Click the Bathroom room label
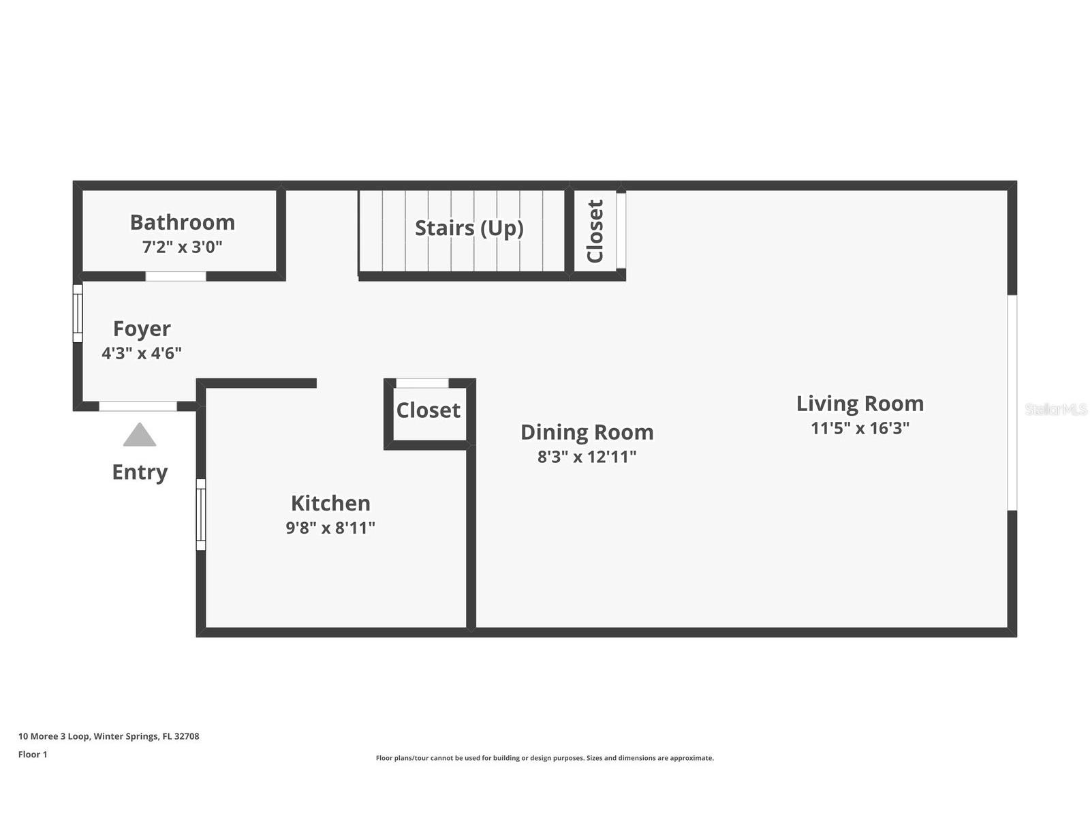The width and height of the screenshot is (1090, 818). (182, 222)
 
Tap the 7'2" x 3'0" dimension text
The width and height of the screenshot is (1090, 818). (182, 247)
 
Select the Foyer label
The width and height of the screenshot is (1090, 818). (142, 329)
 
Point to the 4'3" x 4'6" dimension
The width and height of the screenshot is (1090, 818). (142, 353)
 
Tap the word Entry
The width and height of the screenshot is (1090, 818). (140, 472)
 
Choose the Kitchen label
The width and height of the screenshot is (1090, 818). (330, 503)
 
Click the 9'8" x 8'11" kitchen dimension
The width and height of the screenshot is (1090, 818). (330, 528)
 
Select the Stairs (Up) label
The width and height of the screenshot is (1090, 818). (469, 228)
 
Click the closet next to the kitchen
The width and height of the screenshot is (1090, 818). (429, 410)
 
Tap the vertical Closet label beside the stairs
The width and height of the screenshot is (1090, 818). (595, 231)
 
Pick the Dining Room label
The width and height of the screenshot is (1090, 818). (587, 432)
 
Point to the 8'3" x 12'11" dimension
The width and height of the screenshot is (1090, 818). (587, 457)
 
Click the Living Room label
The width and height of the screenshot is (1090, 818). (860, 404)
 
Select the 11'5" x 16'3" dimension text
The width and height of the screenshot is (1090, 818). (860, 428)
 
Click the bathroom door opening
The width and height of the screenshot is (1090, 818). (176, 276)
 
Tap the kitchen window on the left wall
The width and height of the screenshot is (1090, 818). (201, 514)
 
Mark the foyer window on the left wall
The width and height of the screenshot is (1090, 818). (78, 313)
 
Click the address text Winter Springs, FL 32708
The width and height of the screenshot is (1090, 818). (146, 736)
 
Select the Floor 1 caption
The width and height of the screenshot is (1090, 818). (33, 755)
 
